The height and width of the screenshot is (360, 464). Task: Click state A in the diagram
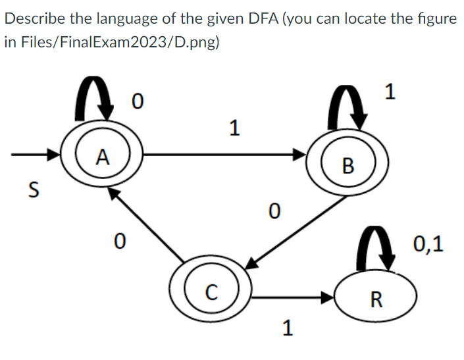tap(101, 157)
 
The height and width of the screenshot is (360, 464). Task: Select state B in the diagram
tap(348, 164)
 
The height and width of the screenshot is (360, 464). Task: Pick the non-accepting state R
tap(376, 300)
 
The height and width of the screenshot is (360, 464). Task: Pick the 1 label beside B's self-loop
tap(390, 92)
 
